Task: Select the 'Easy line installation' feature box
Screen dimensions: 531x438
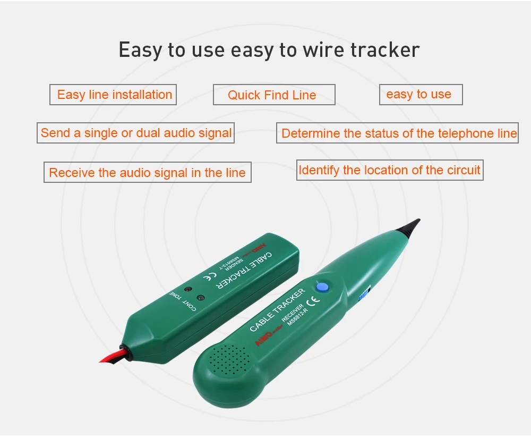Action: tap(114, 95)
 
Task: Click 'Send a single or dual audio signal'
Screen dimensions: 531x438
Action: tap(136, 133)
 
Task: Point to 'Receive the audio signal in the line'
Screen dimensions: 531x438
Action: tap(147, 173)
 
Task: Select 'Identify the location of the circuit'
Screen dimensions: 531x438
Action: tap(389, 170)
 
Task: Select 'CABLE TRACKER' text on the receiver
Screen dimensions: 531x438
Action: tap(277, 310)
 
